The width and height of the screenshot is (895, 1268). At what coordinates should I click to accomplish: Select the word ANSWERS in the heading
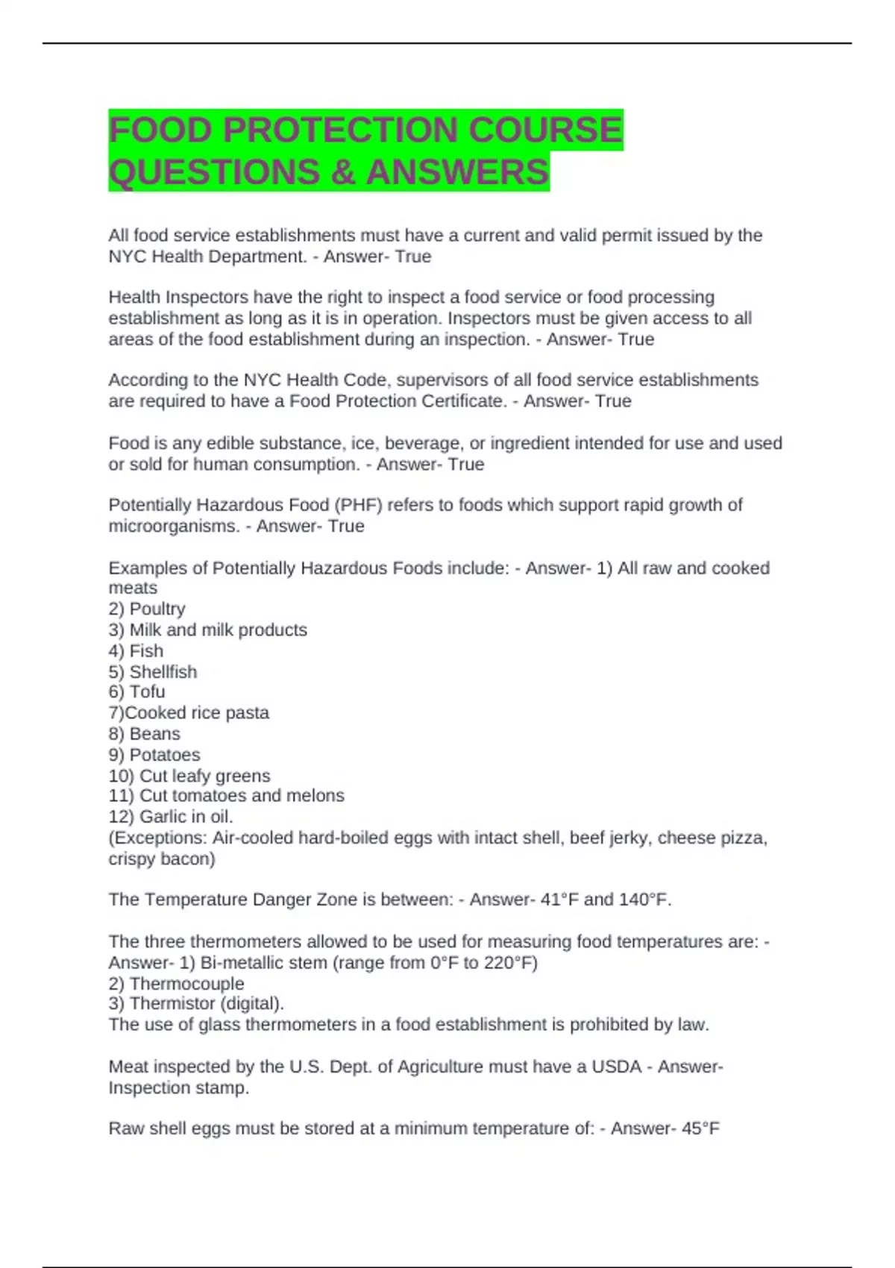click(457, 172)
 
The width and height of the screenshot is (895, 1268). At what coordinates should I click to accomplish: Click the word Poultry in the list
click(157, 609)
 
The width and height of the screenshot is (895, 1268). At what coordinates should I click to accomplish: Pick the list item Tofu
click(147, 691)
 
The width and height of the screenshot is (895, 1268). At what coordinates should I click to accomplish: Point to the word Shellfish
click(163, 671)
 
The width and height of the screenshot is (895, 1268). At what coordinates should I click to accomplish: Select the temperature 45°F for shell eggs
click(700, 1129)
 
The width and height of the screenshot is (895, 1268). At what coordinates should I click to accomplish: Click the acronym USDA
click(616, 1067)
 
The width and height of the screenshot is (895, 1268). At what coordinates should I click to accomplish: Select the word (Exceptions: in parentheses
click(157, 838)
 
